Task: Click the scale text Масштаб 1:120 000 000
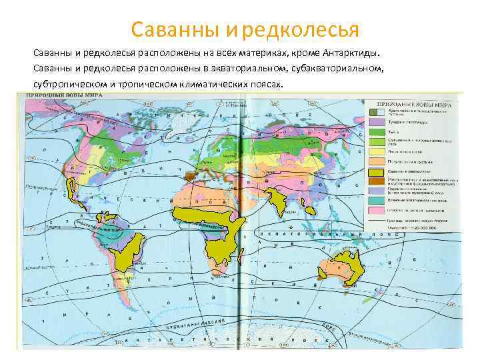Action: (x=417, y=229)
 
